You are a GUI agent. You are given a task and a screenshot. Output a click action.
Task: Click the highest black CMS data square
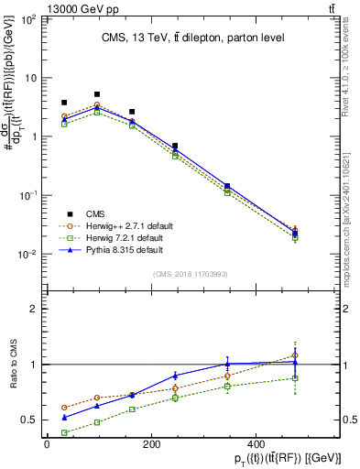click(x=97, y=94)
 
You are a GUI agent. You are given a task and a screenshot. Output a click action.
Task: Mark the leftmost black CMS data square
click(x=64, y=103)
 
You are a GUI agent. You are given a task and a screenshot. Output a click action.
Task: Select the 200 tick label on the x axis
click(x=159, y=444)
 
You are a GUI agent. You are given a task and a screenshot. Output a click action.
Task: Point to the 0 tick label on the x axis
click(x=48, y=444)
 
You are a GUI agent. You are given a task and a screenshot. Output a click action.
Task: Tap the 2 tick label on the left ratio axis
click(x=36, y=309)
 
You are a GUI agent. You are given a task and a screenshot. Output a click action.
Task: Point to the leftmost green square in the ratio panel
click(x=64, y=432)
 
